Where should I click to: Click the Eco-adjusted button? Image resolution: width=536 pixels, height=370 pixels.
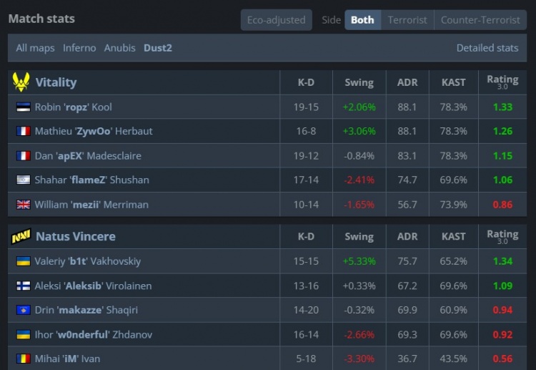276,20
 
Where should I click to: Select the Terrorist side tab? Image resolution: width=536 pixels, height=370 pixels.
407,20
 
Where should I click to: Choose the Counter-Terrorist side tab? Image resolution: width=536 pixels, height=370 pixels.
480,20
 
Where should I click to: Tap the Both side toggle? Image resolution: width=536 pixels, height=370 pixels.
362,20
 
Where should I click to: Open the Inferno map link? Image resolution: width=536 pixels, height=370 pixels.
79,48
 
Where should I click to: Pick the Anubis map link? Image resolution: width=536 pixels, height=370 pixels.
119,48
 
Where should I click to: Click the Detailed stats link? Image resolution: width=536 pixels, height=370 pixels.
487,48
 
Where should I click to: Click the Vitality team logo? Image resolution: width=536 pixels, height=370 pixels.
21,82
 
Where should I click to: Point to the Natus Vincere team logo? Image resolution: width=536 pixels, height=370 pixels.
21,236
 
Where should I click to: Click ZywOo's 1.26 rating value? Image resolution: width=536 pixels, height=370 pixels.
502,131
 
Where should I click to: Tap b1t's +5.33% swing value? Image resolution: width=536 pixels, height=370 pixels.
359,261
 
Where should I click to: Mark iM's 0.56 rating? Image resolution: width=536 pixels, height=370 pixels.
502,359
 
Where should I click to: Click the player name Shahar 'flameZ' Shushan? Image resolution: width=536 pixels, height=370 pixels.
91,180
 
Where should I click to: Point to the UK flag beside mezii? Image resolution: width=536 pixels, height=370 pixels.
23,204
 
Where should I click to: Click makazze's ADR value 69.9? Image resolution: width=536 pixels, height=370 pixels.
407,310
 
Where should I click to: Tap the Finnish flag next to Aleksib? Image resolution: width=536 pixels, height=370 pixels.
23,286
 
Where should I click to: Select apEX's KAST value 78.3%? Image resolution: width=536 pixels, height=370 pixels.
454,155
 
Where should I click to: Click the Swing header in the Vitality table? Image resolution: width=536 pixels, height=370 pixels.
359,82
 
